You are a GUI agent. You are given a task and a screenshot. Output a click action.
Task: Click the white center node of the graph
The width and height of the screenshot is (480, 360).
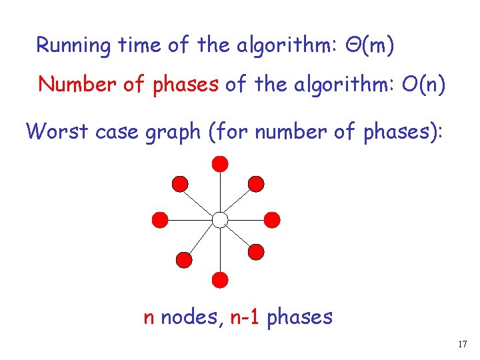tap(220, 219)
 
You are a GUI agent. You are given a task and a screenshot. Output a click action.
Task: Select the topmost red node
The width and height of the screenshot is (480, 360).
tap(220, 163)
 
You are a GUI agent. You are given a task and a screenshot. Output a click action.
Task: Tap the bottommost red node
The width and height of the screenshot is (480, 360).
tap(220, 279)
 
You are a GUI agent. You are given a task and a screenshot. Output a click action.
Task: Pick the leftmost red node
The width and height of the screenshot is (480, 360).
tap(161, 219)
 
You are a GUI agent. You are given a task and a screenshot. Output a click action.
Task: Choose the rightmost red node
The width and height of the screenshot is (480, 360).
tap(272, 219)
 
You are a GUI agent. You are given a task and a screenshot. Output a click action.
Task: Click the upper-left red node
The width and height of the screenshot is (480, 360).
tap(180, 183)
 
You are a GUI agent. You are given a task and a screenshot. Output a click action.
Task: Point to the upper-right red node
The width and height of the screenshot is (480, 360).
tap(256, 183)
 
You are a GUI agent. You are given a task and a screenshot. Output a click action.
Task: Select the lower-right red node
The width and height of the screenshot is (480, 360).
tap(256, 251)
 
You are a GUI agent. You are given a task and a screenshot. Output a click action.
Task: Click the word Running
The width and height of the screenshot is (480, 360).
tap(73, 46)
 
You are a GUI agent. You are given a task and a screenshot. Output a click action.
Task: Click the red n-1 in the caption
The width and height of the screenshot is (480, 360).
tap(245, 317)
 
